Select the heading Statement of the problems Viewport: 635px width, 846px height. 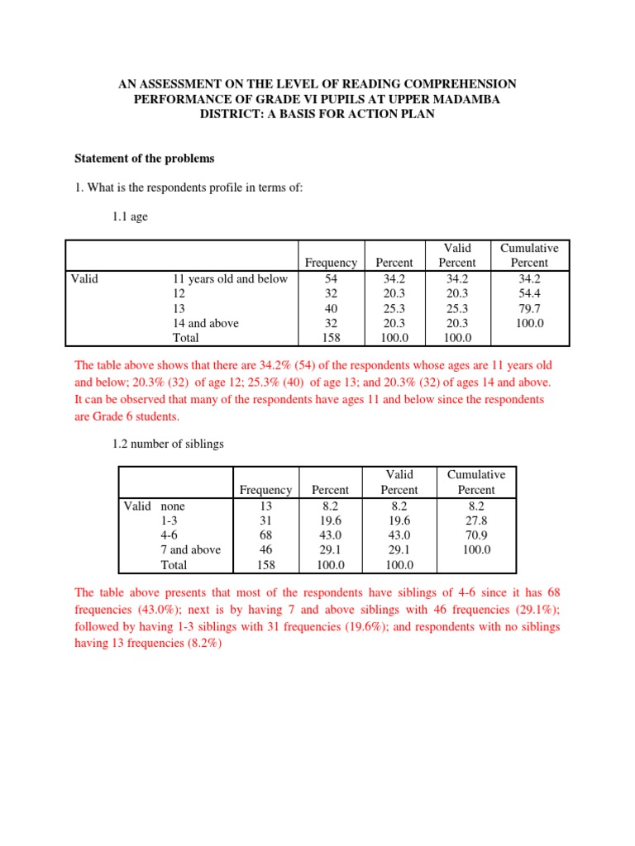coord(145,158)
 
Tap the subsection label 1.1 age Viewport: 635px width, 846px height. coord(131,218)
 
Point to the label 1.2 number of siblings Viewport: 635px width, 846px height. coord(168,444)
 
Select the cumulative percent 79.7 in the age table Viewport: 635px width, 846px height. coord(529,308)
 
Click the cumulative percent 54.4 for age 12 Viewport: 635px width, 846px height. coord(529,293)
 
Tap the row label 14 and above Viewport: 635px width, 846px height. coord(205,323)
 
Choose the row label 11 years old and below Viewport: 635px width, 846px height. coord(230,278)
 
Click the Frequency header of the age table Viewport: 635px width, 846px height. coord(331,263)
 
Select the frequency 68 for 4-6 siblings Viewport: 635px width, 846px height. coord(265,535)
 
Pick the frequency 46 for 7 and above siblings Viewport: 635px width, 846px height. coord(265,549)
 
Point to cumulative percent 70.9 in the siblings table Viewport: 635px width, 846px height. coord(476,535)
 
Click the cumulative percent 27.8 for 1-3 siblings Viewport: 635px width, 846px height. coord(476,520)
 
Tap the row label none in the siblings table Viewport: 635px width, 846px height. coord(174,505)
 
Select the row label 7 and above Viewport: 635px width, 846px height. coord(190,549)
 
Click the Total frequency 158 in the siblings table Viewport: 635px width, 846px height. coord(265,565)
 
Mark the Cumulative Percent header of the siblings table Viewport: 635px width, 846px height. coord(476,482)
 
